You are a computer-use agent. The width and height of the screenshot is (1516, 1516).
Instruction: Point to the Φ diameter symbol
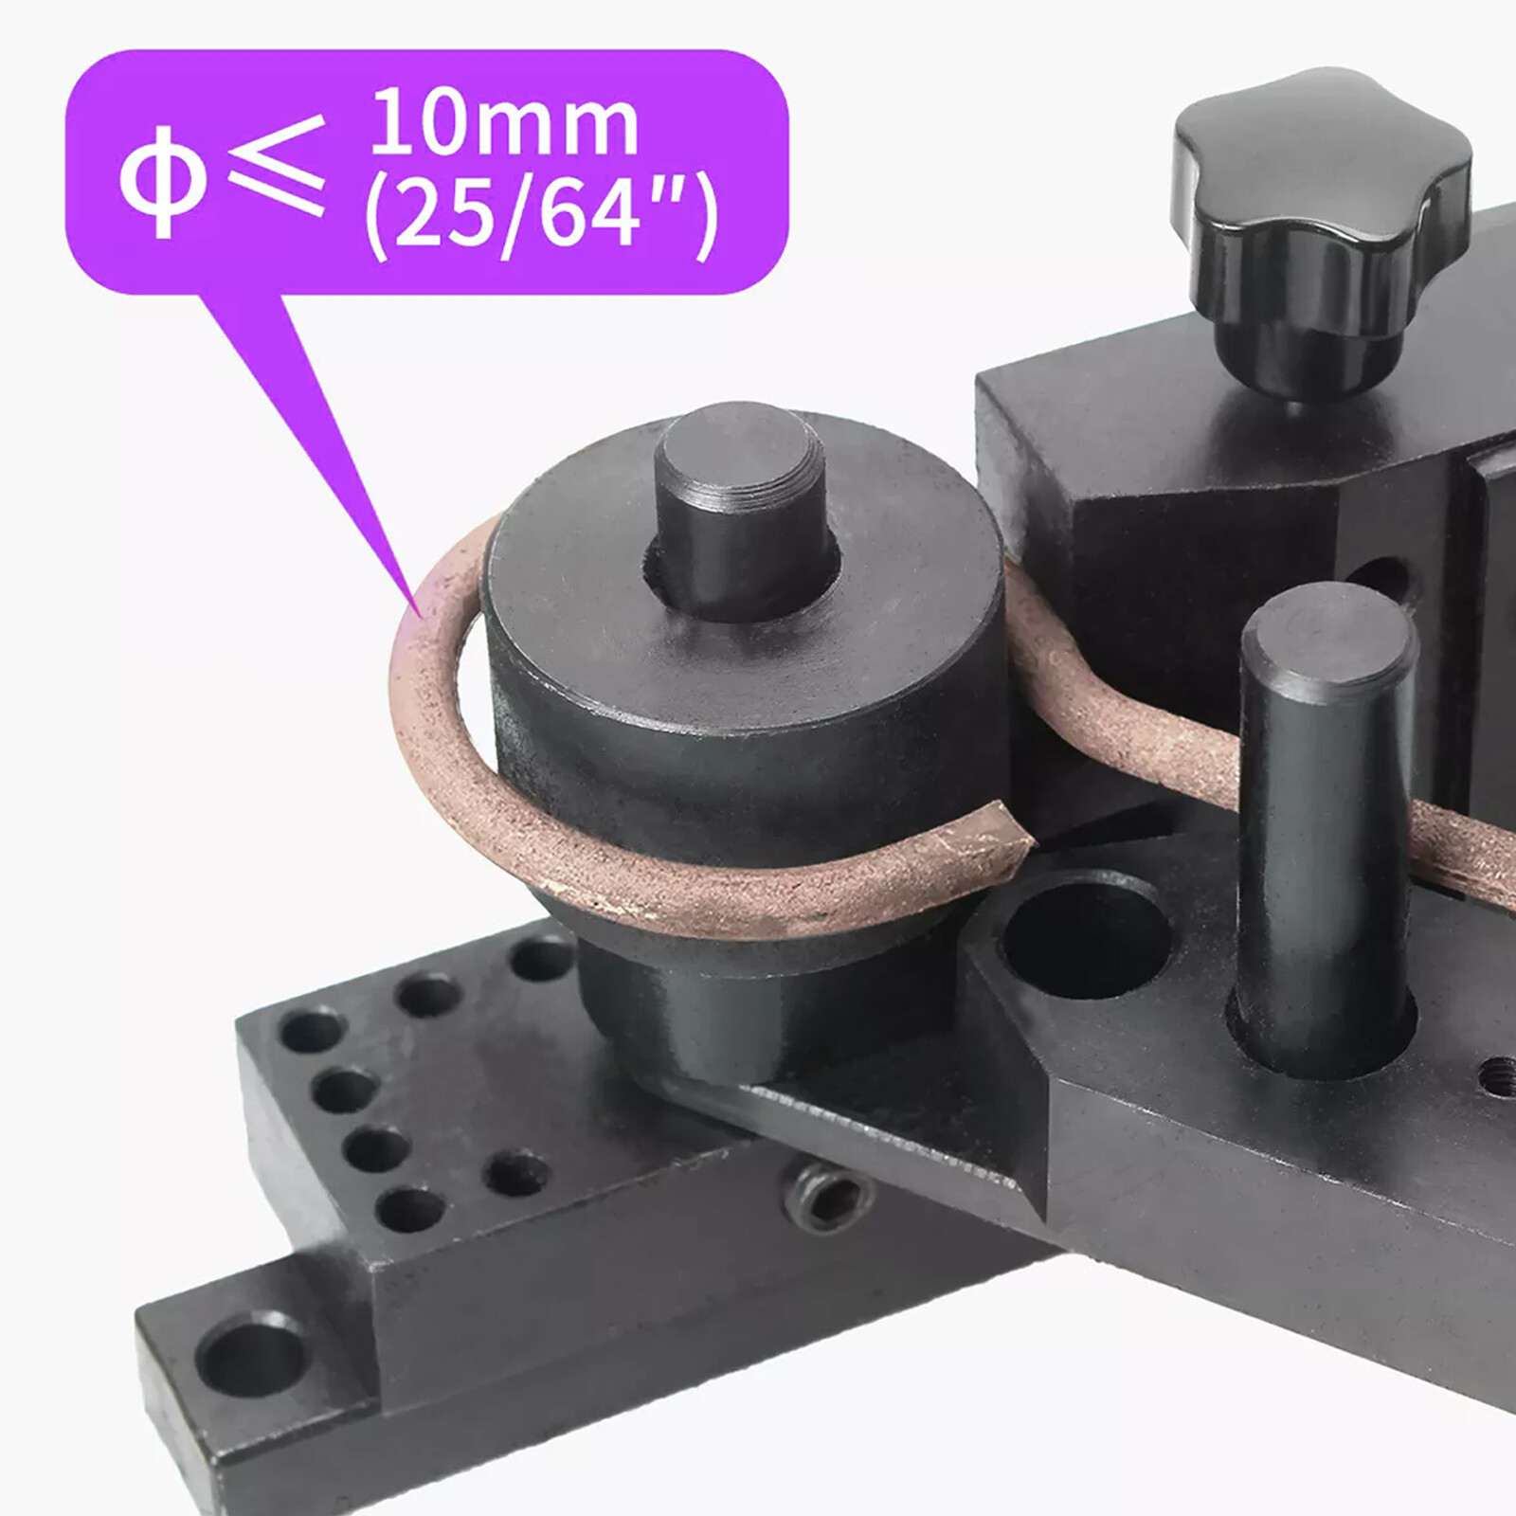pos(162,181)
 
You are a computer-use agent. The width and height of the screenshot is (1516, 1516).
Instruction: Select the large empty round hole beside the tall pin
pos(1085,933)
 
